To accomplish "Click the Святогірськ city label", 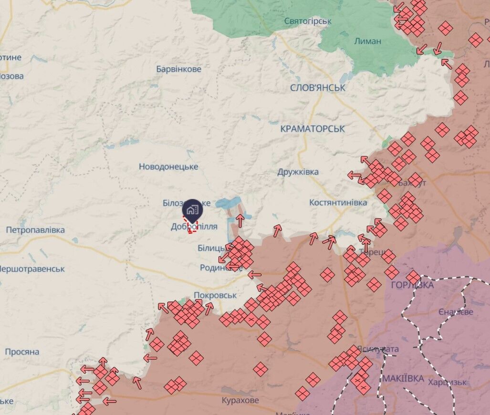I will (x=308, y=21).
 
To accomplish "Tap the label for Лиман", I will (x=367, y=41).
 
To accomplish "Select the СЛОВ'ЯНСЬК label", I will (x=318, y=88).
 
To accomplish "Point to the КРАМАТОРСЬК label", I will (x=313, y=129).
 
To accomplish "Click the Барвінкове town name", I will (x=178, y=69).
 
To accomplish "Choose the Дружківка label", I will (x=298, y=172).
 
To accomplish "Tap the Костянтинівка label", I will (x=338, y=203).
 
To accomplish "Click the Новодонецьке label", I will (x=168, y=166).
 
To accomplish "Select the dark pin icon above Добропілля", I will (x=192, y=209).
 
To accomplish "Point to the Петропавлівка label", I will (x=35, y=230).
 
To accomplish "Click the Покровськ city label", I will (x=215, y=295).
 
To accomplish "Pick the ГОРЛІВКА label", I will (x=412, y=285).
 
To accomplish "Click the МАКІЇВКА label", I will (x=403, y=379).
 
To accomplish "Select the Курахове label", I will (x=240, y=400).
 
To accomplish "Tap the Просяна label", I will (x=22, y=352).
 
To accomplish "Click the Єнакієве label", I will (x=456, y=312).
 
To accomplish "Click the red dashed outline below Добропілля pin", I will (x=192, y=228).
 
